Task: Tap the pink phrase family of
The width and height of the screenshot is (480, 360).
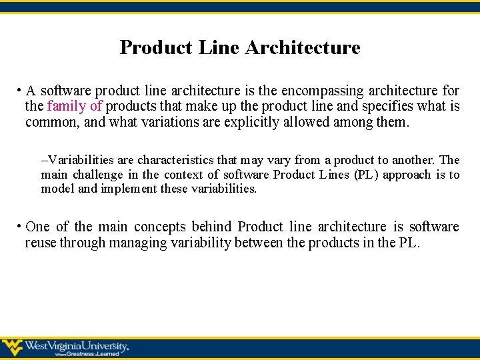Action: click(x=75, y=107)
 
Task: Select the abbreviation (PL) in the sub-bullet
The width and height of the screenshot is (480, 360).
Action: click(x=358, y=175)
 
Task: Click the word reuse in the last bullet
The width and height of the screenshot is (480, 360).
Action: click(x=41, y=243)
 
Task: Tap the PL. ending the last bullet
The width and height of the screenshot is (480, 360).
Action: click(x=409, y=243)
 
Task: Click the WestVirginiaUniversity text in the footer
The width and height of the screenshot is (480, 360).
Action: click(x=77, y=346)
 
